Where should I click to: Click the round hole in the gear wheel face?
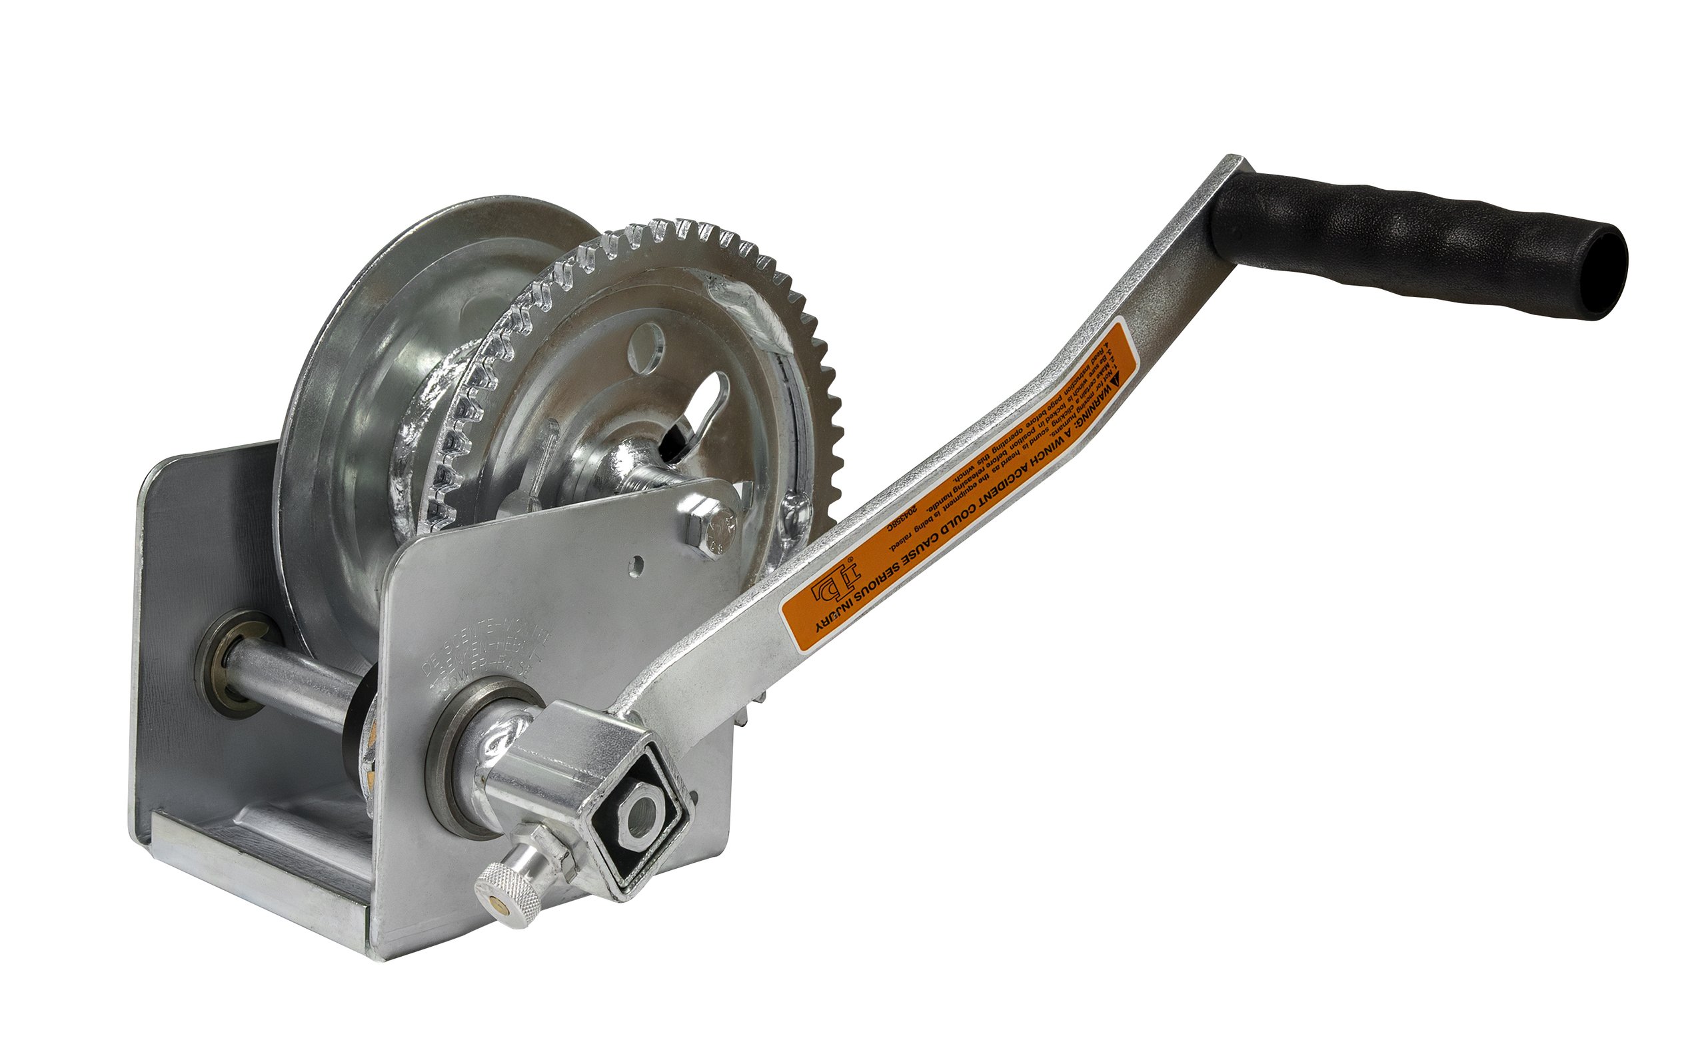pos(645,346)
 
